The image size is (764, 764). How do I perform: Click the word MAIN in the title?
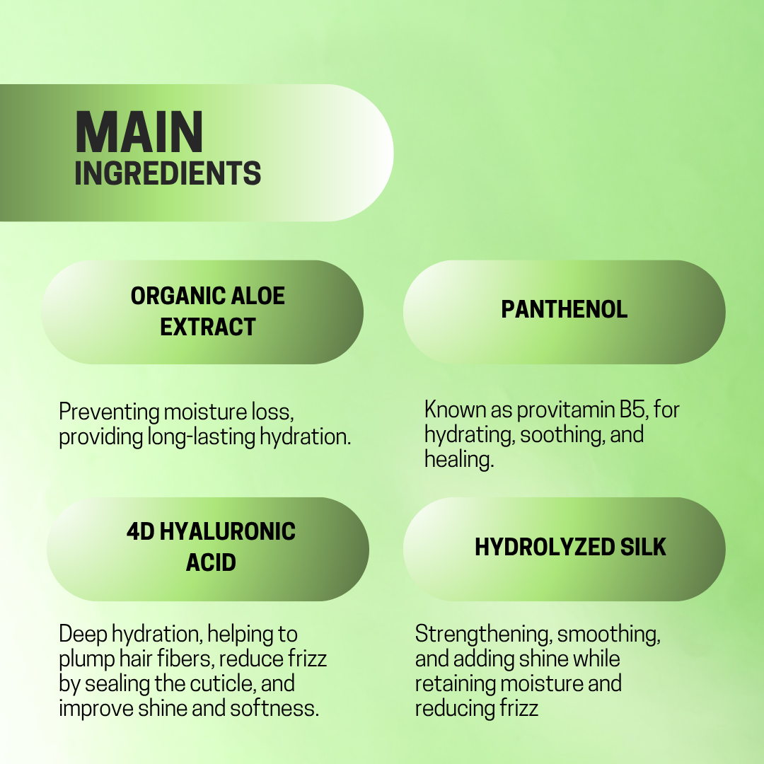click(139, 132)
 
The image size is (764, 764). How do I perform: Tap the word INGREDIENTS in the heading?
click(168, 173)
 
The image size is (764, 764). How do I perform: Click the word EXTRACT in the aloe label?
click(207, 326)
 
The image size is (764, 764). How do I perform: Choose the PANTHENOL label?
click(565, 309)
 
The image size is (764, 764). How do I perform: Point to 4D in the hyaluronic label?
click(140, 531)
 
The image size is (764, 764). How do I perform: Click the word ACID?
click(211, 562)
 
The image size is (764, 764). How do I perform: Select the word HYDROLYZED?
click(545, 547)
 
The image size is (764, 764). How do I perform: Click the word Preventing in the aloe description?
click(109, 412)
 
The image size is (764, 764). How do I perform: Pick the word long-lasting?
click(201, 437)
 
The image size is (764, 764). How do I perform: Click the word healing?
click(459, 460)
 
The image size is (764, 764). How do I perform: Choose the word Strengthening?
click(483, 635)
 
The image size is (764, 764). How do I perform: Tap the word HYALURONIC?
click(228, 531)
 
